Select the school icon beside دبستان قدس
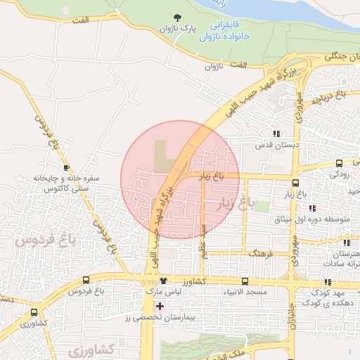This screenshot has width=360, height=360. (276, 133)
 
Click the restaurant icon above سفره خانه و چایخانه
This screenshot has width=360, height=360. (66, 168)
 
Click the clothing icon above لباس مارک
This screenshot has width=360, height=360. (162, 281)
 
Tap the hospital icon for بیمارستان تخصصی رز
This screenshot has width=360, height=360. (160, 306)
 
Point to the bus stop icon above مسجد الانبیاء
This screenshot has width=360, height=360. (245, 281)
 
